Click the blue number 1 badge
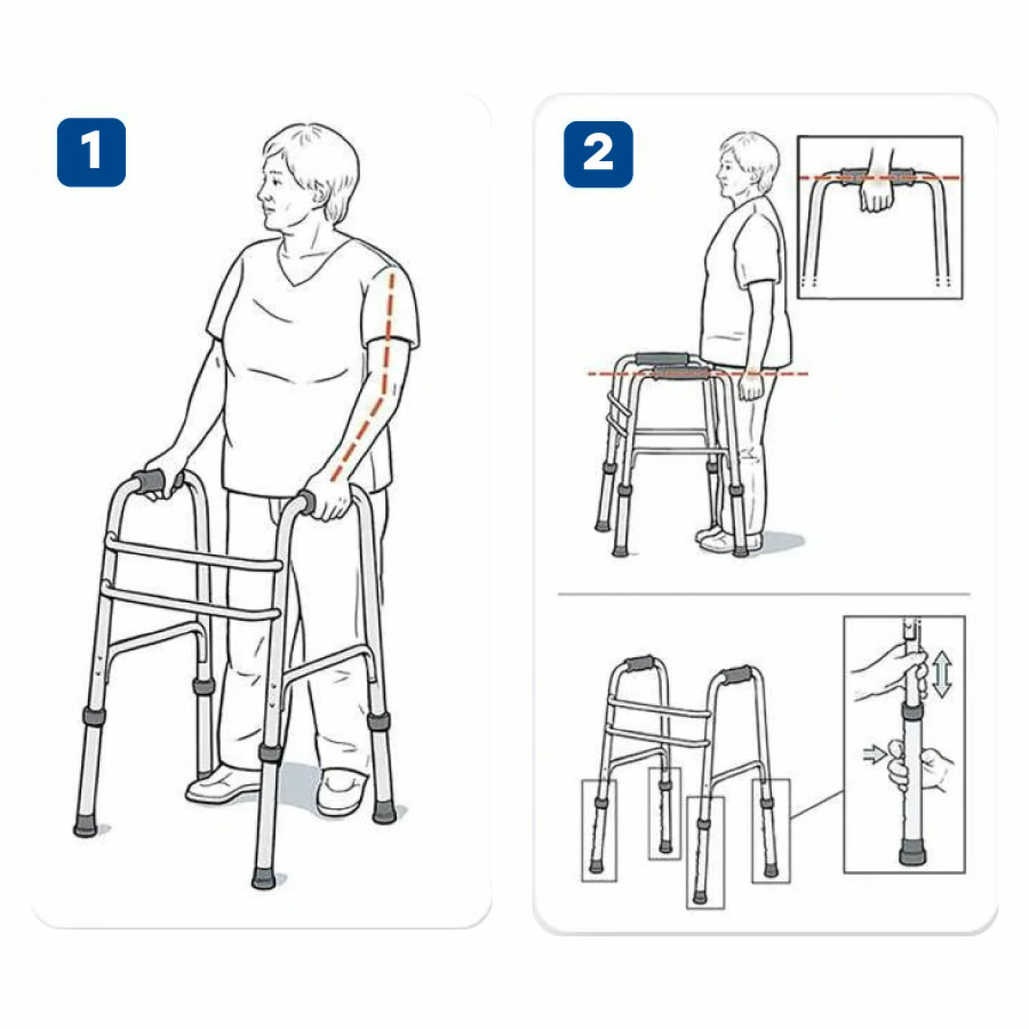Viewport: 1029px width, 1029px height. (91, 152)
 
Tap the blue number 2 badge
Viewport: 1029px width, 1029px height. (598, 154)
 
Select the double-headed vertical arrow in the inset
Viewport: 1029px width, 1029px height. (942, 674)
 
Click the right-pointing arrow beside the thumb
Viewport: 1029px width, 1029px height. (875, 753)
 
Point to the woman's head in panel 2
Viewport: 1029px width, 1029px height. (747, 166)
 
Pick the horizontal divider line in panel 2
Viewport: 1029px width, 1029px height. (764, 594)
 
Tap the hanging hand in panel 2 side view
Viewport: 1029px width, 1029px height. (749, 385)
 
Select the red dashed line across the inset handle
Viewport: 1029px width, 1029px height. (880, 178)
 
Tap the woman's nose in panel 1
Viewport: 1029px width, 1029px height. (261, 193)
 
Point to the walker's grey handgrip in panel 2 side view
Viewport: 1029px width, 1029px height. (661, 359)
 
